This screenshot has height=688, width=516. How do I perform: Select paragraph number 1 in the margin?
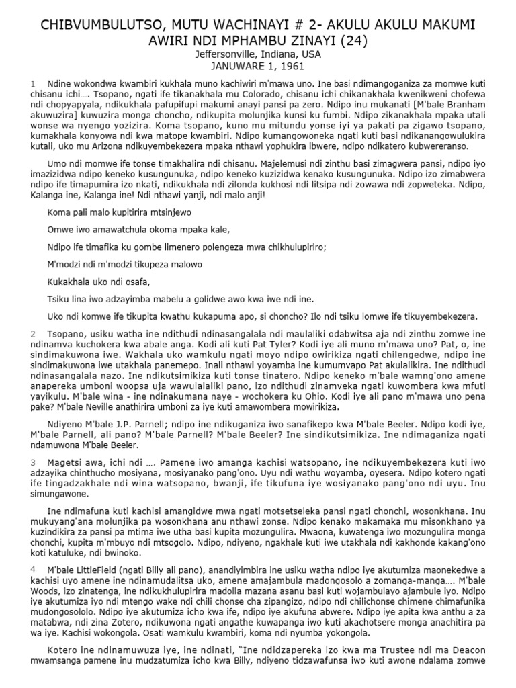pyautogui.click(x=32, y=83)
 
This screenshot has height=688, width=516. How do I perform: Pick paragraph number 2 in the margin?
pyautogui.click(x=32, y=333)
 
